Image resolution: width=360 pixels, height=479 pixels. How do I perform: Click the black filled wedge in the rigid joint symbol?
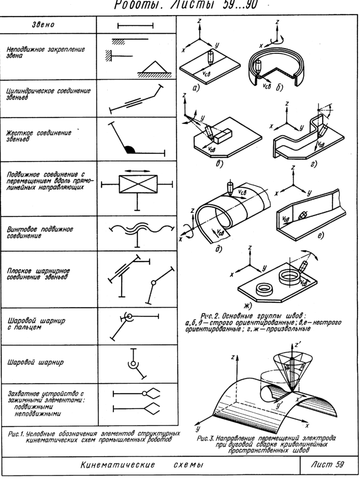click(x=130, y=150)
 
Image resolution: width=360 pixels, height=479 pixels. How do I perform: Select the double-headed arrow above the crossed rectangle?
click(x=138, y=170)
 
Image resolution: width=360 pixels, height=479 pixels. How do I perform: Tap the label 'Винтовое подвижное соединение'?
click(x=39, y=231)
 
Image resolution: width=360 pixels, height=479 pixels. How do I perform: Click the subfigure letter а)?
click(x=196, y=88)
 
